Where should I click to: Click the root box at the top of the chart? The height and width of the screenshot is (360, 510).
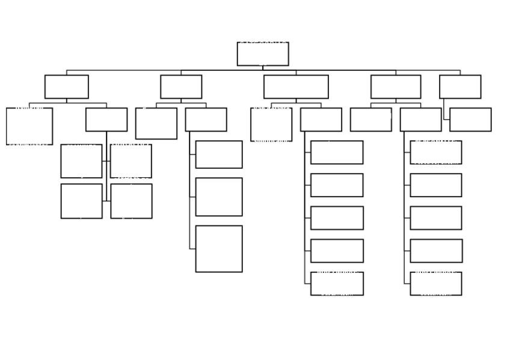(x=263, y=53)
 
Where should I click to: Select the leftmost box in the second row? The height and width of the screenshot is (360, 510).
(x=66, y=87)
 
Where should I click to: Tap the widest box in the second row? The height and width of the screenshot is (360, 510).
(x=296, y=87)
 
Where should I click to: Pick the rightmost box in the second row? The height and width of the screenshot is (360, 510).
(x=460, y=87)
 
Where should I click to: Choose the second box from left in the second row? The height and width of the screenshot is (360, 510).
(x=181, y=87)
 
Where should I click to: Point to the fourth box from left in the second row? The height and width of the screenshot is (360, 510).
(x=396, y=87)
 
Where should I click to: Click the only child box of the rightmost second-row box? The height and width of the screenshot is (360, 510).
(x=470, y=120)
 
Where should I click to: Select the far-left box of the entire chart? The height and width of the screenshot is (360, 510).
(x=29, y=126)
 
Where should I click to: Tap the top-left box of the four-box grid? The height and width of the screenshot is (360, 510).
(x=81, y=161)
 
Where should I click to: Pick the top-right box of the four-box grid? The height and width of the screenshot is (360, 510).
(x=131, y=161)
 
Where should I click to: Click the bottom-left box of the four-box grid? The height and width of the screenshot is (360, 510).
(x=81, y=201)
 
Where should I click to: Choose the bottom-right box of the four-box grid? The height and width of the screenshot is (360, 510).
(x=131, y=201)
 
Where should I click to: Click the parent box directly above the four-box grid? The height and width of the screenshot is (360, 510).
(x=106, y=120)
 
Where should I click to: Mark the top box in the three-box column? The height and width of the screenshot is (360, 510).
(x=219, y=154)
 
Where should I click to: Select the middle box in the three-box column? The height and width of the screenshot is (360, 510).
(x=219, y=197)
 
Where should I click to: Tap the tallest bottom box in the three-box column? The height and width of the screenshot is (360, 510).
(x=219, y=249)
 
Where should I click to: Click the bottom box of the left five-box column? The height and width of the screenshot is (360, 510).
(x=337, y=284)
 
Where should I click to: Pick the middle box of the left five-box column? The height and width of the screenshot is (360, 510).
(x=337, y=218)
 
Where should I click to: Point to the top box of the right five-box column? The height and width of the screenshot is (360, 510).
(x=436, y=152)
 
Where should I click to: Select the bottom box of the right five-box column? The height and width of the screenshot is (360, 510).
(x=436, y=284)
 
